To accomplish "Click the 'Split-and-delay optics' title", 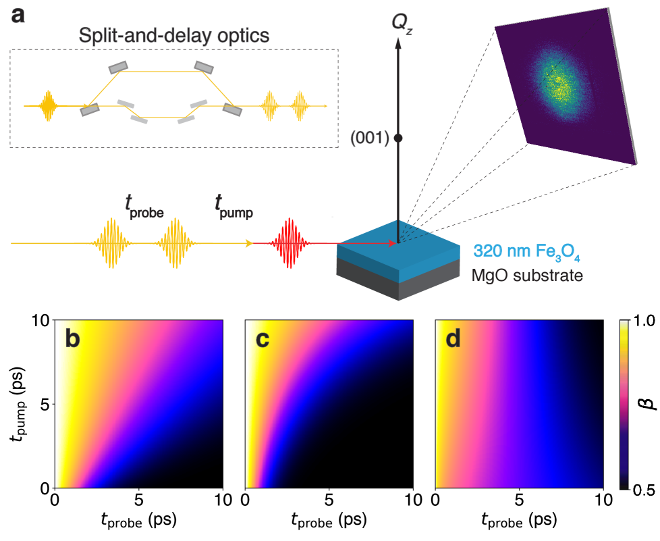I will [x=174, y=35].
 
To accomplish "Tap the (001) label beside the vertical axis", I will [x=370, y=138].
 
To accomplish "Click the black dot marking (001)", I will [x=398, y=138].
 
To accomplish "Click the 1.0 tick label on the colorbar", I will [x=644, y=321].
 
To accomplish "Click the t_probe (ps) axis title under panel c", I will [x=328, y=519].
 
